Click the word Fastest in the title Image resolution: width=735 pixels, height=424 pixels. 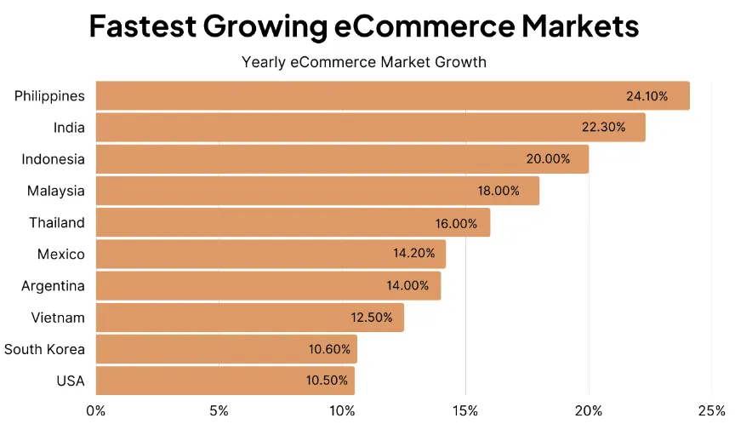pos(143,26)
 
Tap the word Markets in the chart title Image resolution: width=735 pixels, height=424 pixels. pos(580,26)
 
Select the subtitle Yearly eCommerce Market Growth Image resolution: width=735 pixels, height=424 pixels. pos(364,62)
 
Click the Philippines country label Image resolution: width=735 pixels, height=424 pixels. pos(49,96)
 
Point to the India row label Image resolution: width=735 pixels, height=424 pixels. pos(69,128)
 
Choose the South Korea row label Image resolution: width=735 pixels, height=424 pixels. pos(44,349)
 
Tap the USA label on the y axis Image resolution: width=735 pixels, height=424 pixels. pos(71,381)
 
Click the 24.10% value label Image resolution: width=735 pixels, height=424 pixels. pos(647,96)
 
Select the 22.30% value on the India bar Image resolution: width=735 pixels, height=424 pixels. pos(604,127)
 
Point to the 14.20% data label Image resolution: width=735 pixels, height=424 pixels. pos(414,253)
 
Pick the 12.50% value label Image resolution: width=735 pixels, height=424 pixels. pos(372,318)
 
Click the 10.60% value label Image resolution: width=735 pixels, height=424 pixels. pos(329,349)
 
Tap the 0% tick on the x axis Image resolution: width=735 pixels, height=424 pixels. pos(95,411)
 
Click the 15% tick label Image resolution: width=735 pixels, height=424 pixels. pos(465,411)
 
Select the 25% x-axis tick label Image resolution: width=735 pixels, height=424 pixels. pos(711,411)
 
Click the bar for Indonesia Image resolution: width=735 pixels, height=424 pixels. pos(342,159)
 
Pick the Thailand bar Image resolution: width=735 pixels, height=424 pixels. pos(293,222)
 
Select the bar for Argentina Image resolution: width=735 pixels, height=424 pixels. pos(268,285)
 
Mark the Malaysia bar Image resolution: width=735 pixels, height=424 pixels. pos(317,191)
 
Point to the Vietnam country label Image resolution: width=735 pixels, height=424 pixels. pos(58,318)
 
